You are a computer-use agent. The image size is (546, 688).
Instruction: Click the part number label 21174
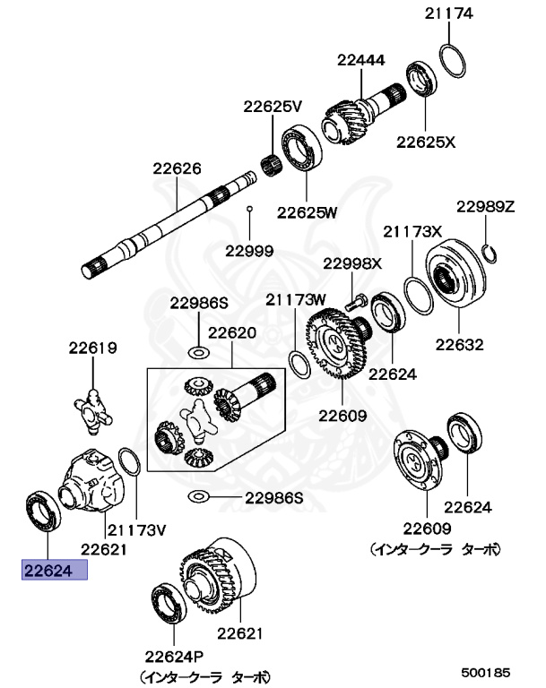click(450, 13)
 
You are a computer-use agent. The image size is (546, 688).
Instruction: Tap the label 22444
click(360, 60)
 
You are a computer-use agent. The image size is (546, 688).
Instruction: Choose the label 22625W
click(306, 212)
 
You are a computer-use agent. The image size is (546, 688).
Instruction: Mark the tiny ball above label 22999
click(250, 209)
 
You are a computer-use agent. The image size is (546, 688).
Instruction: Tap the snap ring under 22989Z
click(489, 253)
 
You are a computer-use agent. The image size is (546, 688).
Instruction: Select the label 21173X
click(412, 230)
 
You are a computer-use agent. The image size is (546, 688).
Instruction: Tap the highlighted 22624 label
click(54, 570)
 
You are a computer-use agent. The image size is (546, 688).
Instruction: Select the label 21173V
click(137, 529)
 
